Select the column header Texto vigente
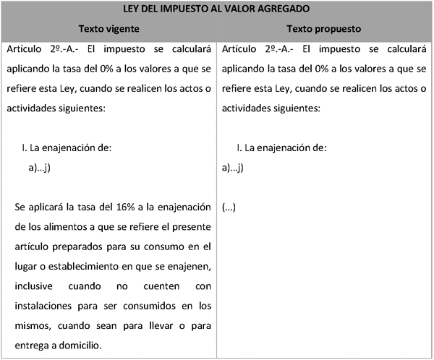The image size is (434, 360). click(109, 29)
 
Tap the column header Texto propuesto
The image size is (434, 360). click(324, 29)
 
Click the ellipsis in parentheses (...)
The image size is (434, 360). click(229, 207)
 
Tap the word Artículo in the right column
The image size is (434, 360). click(242, 50)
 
